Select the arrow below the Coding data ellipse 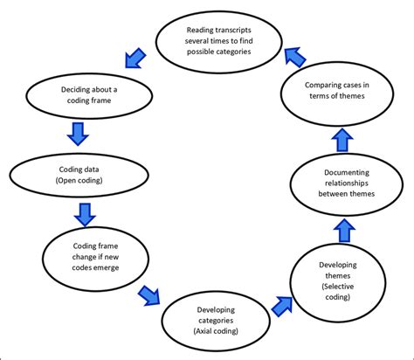[86, 212]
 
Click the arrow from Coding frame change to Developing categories [148, 294]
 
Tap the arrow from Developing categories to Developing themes [282, 306]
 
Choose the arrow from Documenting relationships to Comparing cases [343, 139]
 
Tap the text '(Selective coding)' [337, 286]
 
